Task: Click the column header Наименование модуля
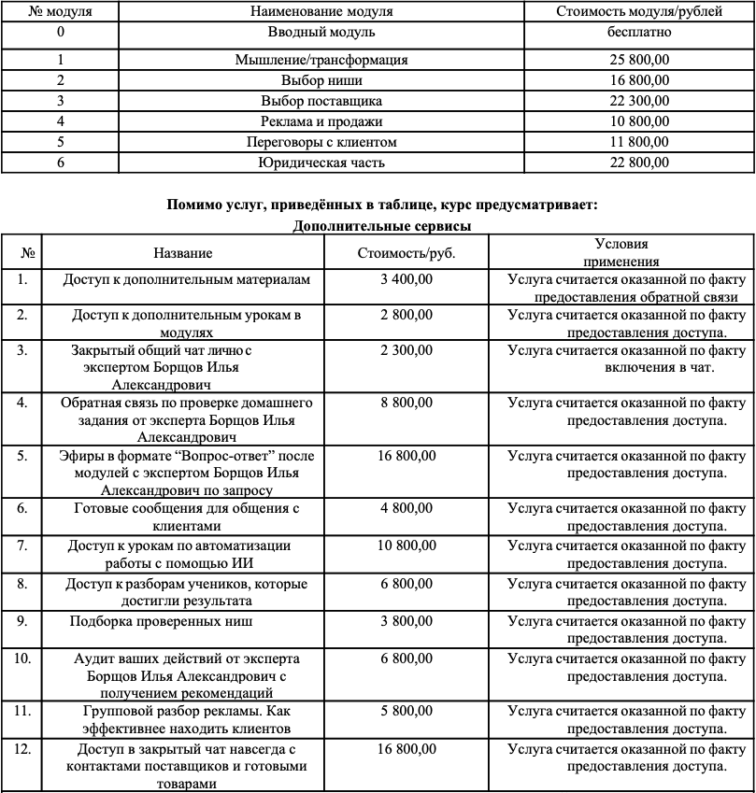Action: point(321,12)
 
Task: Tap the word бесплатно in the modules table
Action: point(638,33)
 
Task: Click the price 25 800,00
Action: point(638,60)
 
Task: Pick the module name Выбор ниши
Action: point(321,80)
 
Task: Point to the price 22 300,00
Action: point(638,101)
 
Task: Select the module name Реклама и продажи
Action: point(321,121)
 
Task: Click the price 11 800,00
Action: point(638,142)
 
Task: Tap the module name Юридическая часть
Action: point(321,163)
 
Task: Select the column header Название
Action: point(183,253)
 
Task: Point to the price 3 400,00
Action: point(407,279)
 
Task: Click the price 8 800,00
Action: point(407,403)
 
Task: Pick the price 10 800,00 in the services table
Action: point(407,545)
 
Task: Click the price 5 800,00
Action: point(407,711)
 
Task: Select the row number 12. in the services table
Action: point(23,749)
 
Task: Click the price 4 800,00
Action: point(407,509)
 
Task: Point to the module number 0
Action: point(61,33)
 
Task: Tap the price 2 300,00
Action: point(407,350)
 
